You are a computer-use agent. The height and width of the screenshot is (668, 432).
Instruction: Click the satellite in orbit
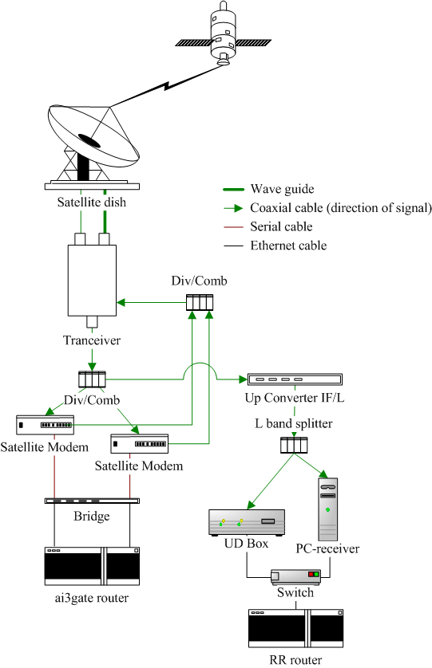click(223, 34)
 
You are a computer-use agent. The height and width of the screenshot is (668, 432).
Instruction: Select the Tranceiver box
click(92, 281)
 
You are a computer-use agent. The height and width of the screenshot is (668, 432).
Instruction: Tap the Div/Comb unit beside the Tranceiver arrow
click(200, 302)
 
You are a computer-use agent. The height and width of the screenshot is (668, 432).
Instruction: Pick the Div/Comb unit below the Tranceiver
click(92, 379)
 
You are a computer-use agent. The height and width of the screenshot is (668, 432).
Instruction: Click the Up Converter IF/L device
click(295, 379)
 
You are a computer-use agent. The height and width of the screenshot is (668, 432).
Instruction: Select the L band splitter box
click(294, 445)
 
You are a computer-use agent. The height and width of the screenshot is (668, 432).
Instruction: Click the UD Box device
click(247, 522)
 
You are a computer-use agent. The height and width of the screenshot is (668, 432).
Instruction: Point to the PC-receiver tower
click(328, 509)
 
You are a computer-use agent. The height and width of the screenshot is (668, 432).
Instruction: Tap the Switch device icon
click(295, 577)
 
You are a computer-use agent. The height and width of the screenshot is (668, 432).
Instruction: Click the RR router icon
click(295, 628)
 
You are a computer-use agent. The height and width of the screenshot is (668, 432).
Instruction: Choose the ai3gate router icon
click(92, 566)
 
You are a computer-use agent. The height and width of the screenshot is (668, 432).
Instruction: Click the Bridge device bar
click(92, 501)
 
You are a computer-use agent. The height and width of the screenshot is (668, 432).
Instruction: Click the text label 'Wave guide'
click(282, 189)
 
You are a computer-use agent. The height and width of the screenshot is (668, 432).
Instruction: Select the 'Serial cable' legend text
click(281, 226)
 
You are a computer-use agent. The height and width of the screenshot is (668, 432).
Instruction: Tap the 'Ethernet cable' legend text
click(288, 246)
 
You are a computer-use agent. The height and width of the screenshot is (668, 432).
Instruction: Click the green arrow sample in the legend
click(233, 208)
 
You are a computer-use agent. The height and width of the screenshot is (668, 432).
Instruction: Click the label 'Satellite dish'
click(92, 202)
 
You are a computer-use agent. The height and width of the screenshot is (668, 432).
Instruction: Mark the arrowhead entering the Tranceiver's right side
click(121, 302)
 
